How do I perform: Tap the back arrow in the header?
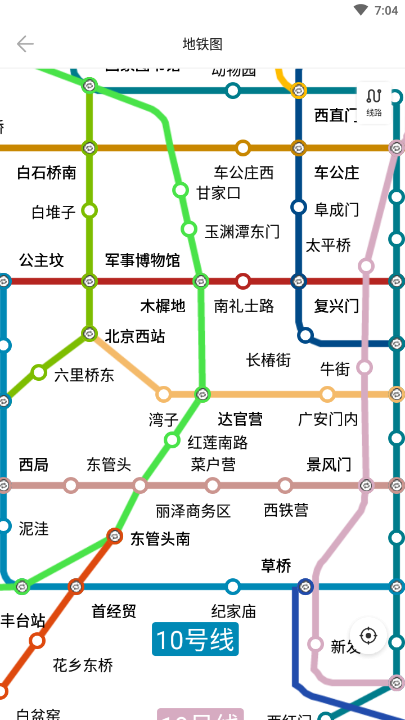click(x=25, y=44)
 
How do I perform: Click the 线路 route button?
click(x=374, y=102)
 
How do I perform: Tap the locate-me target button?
click(x=368, y=636)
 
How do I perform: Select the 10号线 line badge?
click(x=195, y=640)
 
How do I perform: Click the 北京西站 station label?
click(x=135, y=336)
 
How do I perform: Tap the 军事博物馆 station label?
click(x=142, y=260)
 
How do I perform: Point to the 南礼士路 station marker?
click(x=243, y=281)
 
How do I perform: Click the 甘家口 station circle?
click(x=181, y=190)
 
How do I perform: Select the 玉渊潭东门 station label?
click(x=242, y=231)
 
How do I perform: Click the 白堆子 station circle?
click(x=89, y=210)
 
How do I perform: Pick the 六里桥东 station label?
click(x=84, y=375)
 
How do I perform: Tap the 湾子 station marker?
click(x=164, y=394)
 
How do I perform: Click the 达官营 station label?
click(x=240, y=419)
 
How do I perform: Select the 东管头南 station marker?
click(x=115, y=536)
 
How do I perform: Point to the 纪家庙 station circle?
click(x=233, y=587)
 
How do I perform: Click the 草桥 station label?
click(x=276, y=566)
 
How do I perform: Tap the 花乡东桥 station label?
click(x=83, y=665)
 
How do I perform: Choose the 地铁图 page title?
click(x=202, y=44)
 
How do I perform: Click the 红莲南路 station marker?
click(x=173, y=440)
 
